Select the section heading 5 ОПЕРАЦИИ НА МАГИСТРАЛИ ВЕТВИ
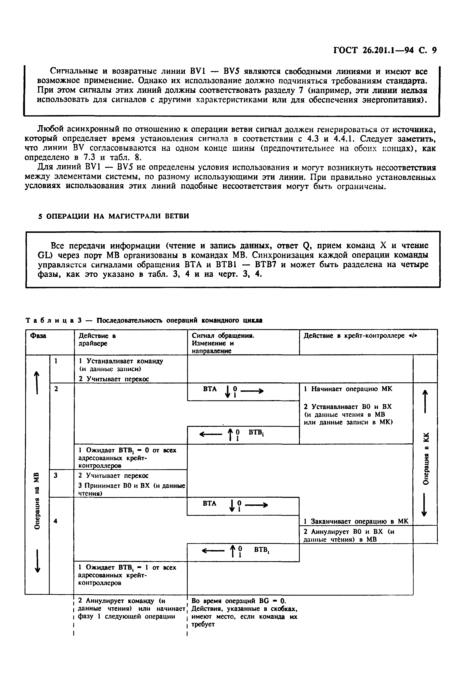click(x=114, y=216)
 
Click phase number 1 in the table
click(x=56, y=361)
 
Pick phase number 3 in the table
click(x=56, y=476)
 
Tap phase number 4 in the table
click(x=56, y=521)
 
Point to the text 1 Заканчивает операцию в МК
click(x=355, y=521)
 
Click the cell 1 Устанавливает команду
click(x=121, y=361)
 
